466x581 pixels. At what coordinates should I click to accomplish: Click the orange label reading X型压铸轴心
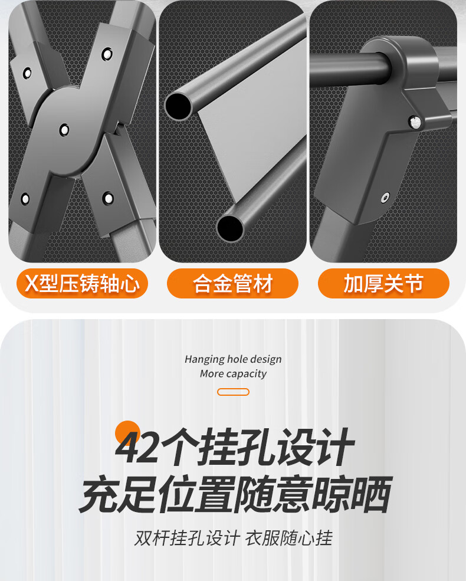coord(82,284)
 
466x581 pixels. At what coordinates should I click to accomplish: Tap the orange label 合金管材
coord(232,284)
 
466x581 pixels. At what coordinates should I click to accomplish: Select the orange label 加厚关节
coord(383,284)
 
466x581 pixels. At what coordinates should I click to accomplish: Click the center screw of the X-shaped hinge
coord(64,130)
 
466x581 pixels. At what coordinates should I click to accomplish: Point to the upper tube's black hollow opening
coord(178,106)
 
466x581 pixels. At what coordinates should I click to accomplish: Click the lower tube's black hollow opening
coord(229,228)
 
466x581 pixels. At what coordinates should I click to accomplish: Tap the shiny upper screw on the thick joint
coord(415,122)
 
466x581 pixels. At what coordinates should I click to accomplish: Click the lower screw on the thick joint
coord(385,198)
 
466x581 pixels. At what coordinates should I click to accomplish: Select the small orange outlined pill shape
coord(233,392)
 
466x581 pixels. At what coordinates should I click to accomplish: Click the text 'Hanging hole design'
coord(233,359)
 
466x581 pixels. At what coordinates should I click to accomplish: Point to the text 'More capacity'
coord(233,373)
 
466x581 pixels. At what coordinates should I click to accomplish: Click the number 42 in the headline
coord(137,447)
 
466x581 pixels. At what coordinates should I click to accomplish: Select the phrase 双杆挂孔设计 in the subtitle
coord(187,538)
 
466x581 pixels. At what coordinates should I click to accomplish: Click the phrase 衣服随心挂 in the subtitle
coord(289,538)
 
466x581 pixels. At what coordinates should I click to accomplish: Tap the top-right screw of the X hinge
coord(107,54)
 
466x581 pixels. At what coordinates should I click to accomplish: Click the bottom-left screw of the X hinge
coord(25,199)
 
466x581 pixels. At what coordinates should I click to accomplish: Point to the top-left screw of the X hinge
coord(27,73)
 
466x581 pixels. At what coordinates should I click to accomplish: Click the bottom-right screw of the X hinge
coord(108,198)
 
